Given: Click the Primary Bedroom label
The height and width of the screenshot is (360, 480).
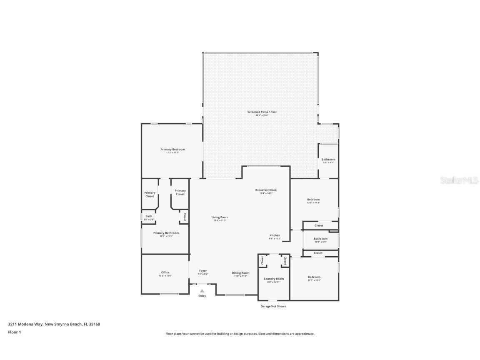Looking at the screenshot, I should tap(172, 149).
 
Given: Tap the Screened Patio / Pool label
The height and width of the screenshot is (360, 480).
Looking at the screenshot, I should tap(262, 112).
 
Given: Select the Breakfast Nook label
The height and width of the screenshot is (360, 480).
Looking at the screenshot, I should tap(266, 190).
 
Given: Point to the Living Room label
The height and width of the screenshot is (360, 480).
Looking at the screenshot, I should tap(220, 217).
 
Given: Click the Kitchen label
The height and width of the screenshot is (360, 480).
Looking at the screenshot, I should tap(275, 235).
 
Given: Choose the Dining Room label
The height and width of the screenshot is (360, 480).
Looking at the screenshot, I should tap(240, 273).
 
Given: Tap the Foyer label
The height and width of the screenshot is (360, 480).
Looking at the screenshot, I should tap(202, 271).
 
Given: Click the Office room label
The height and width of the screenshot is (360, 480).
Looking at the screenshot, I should tap(165, 272).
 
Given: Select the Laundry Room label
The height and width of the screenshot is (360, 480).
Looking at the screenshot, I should tap(274, 279).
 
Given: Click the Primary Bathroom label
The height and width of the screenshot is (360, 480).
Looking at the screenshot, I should tap(166, 233).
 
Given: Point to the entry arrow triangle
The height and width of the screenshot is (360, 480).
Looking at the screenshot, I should tap(202, 291).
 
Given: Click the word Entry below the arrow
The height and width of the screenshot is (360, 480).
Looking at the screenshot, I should tap(202, 296).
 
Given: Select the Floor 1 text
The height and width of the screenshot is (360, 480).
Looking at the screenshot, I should tap(14, 332).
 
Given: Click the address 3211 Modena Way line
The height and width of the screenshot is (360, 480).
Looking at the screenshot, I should tap(54, 324).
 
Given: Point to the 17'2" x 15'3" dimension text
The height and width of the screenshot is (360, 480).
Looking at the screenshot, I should tap(172, 153).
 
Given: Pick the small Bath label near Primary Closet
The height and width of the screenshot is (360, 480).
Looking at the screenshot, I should tap(149, 216).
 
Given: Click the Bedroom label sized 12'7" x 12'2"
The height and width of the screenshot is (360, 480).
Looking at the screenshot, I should tap(314, 277).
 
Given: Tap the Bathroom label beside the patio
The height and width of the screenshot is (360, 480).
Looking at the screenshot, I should tap(328, 160).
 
